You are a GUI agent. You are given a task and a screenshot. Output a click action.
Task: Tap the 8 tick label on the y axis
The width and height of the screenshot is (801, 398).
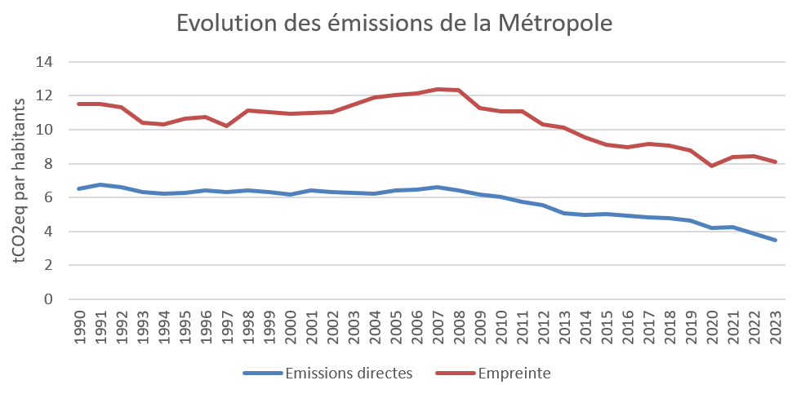click(x=49, y=164)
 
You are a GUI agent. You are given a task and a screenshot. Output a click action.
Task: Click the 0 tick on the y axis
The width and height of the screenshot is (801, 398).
click(x=49, y=299)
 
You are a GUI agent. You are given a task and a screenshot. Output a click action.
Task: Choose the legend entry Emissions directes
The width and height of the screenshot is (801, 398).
click(x=349, y=374)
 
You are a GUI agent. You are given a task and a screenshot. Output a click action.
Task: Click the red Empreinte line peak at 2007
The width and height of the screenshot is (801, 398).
click(x=437, y=89)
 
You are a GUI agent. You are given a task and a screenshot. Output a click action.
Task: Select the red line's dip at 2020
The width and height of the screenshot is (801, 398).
click(x=711, y=166)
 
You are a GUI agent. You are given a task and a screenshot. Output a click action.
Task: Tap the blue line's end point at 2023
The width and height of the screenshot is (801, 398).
click(x=774, y=241)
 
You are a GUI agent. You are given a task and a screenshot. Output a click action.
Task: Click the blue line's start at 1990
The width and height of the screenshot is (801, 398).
click(x=79, y=188)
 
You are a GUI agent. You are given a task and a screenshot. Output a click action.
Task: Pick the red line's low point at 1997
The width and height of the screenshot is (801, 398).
click(x=226, y=126)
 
